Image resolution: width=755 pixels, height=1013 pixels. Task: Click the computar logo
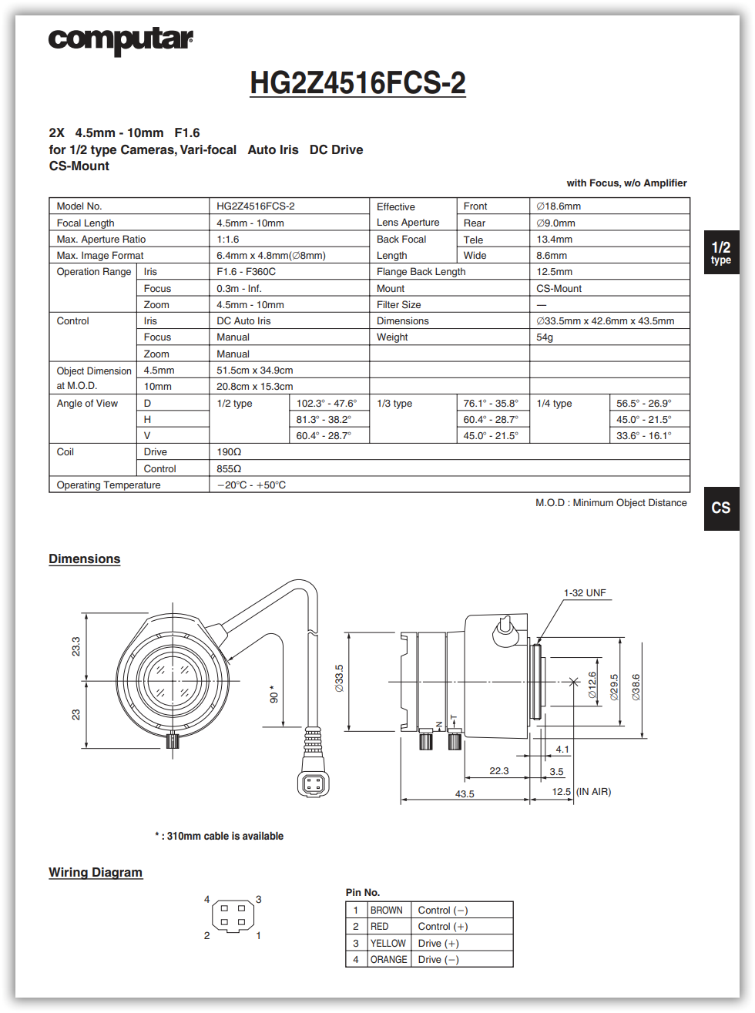click(120, 40)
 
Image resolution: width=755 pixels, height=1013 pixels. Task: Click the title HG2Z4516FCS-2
click(357, 83)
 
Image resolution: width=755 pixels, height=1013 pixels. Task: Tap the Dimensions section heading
click(85, 559)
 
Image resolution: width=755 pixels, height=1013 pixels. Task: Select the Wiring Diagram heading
click(96, 872)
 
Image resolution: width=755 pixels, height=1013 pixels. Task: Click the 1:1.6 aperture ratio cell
click(228, 240)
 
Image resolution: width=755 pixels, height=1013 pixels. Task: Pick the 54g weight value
click(545, 337)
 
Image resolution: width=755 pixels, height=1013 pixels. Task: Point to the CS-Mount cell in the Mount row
click(559, 289)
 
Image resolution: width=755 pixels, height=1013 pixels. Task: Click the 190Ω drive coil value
click(229, 452)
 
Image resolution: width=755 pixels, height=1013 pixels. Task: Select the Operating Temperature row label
click(109, 485)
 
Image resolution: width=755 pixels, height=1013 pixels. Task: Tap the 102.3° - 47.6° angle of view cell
click(327, 404)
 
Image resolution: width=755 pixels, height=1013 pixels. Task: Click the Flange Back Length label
click(421, 272)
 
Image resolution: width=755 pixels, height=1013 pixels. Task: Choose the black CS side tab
click(721, 508)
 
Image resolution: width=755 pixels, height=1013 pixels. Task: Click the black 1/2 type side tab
click(721, 252)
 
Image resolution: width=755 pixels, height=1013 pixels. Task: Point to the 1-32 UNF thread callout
click(585, 593)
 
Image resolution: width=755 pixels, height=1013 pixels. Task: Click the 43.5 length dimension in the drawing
click(465, 794)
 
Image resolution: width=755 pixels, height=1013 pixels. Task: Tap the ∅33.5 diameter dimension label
click(339, 679)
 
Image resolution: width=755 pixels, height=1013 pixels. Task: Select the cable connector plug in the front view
click(313, 783)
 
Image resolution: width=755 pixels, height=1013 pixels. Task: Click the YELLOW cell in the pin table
click(388, 944)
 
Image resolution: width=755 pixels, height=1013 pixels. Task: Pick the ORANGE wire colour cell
click(388, 960)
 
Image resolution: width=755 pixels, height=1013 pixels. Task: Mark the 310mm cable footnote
click(220, 837)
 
